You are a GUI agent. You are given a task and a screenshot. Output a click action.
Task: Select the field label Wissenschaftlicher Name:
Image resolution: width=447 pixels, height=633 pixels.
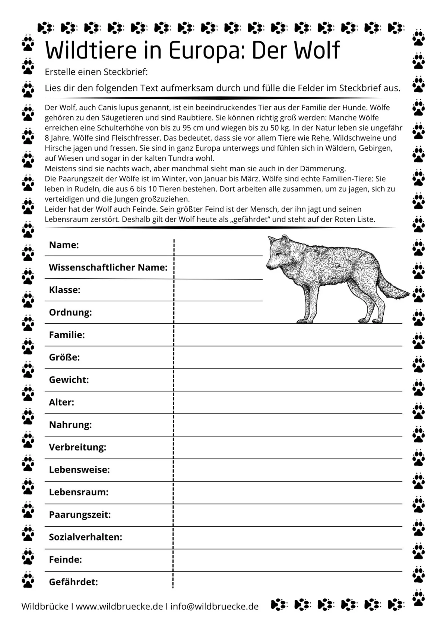pyautogui.click(x=108, y=267)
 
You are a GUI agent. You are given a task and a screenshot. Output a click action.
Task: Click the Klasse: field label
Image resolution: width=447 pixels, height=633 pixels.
pyautogui.click(x=64, y=290)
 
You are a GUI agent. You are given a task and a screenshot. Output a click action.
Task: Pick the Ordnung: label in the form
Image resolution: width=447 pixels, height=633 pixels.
pyautogui.click(x=70, y=312)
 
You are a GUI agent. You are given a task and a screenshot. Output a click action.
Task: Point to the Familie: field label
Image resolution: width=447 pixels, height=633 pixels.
pyautogui.click(x=67, y=335)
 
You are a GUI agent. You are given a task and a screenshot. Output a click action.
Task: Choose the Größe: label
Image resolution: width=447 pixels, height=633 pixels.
pyautogui.click(x=64, y=357)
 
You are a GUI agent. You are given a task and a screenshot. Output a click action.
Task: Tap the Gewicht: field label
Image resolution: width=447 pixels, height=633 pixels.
pyautogui.click(x=69, y=380)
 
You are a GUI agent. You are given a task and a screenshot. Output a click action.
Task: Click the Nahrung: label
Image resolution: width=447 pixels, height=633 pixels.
pyautogui.click(x=70, y=424)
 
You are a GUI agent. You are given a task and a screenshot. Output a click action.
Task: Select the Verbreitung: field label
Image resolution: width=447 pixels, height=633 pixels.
pyautogui.click(x=77, y=447)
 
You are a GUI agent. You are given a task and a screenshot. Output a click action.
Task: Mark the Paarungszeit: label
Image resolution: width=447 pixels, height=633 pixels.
pyautogui.click(x=80, y=514)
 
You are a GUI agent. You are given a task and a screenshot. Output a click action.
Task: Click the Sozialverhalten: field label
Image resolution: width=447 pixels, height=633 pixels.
pyautogui.click(x=86, y=537)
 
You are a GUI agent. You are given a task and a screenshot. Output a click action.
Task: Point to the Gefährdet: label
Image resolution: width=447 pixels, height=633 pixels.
pyautogui.click(x=73, y=582)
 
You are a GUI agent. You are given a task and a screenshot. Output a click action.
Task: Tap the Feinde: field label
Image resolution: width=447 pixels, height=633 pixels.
pyautogui.click(x=65, y=560)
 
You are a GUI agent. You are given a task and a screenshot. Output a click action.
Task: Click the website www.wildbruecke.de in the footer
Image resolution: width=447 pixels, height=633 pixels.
pyautogui.click(x=119, y=606)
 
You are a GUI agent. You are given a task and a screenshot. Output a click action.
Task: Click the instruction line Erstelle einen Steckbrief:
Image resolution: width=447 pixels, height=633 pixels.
pyautogui.click(x=96, y=72)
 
